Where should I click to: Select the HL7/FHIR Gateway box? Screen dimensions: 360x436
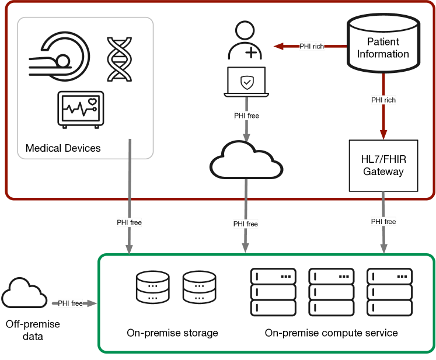tap(383, 166)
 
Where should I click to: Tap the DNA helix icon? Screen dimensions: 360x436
tap(120, 60)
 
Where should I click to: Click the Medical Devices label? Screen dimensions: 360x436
tap(63, 148)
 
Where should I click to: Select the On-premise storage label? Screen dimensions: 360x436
tap(172, 333)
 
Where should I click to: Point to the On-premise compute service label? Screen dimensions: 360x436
tap(331, 333)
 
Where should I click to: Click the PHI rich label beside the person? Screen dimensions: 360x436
tap(312, 46)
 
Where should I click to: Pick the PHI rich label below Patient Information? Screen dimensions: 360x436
tap(383, 100)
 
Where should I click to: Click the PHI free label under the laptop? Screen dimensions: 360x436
tap(246, 116)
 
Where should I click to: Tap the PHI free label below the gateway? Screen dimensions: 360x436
tap(383, 222)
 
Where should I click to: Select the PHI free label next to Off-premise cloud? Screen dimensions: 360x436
tap(70, 303)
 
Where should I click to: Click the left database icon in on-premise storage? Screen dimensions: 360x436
tap(152, 286)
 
